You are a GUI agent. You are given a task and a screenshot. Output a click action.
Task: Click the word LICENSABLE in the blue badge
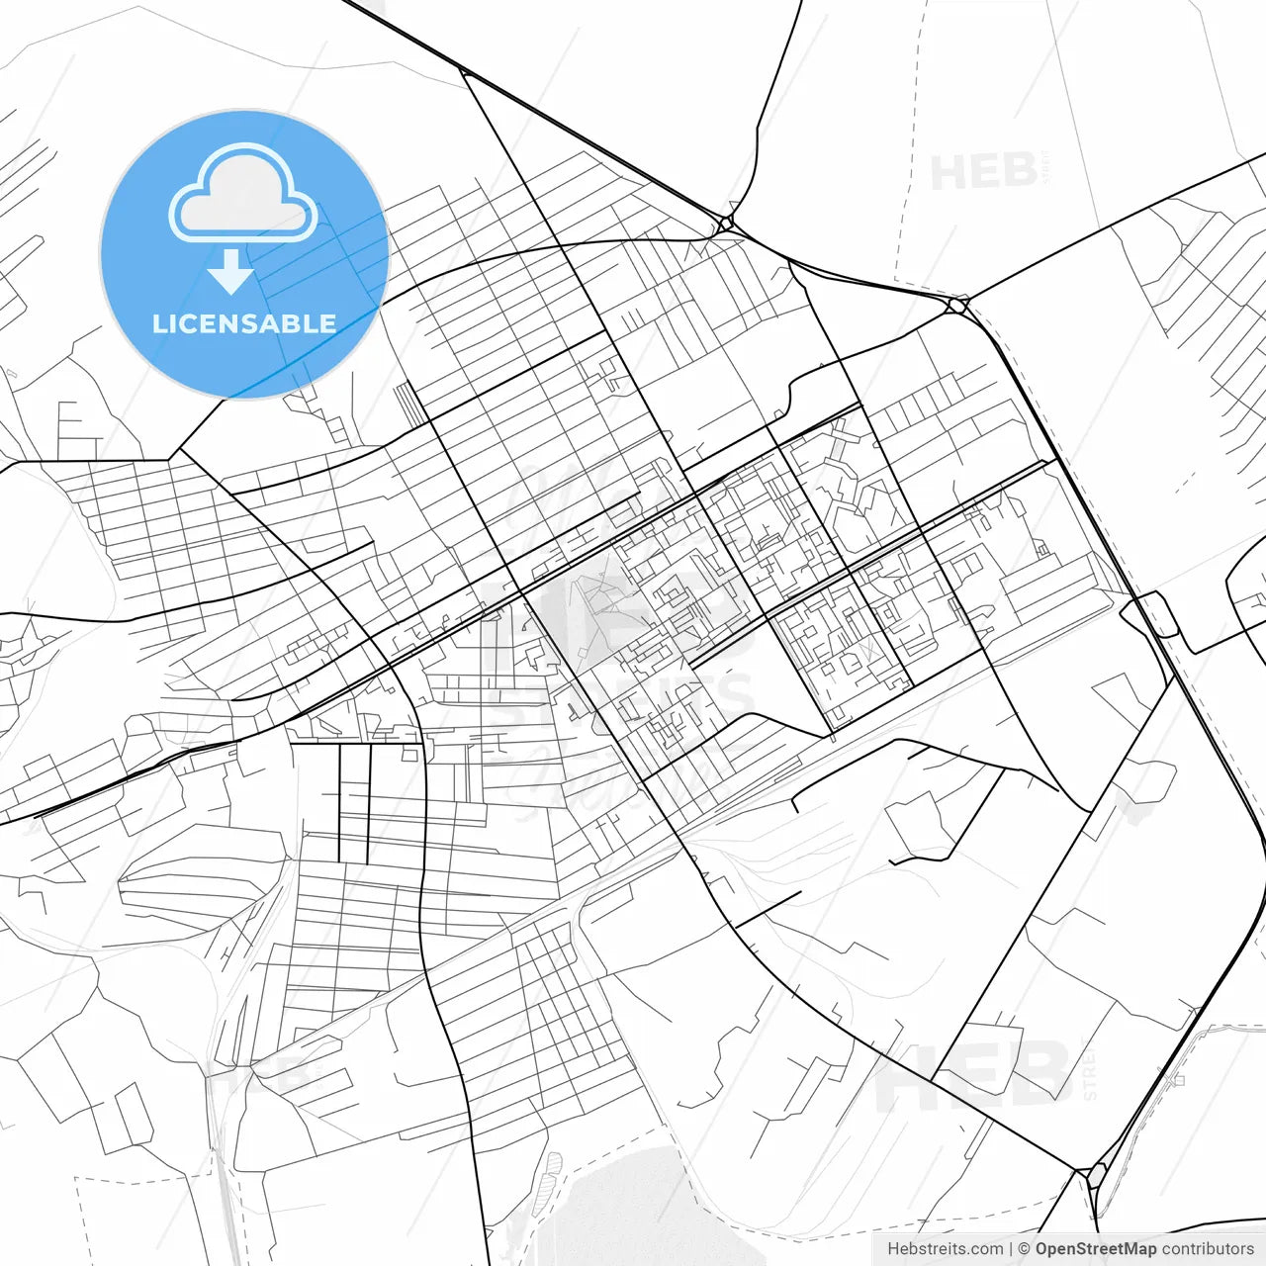[243, 323]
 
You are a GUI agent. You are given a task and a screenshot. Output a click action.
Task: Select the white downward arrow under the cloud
[231, 271]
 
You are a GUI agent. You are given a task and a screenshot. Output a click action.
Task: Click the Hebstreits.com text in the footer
[945, 1249]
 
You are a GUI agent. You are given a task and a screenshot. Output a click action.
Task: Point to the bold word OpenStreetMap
[1095, 1249]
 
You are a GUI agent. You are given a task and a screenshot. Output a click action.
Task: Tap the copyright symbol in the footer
[1024, 1249]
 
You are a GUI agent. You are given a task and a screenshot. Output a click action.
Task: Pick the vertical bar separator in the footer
[1011, 1249]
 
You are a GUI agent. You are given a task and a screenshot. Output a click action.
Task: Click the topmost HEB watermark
[983, 172]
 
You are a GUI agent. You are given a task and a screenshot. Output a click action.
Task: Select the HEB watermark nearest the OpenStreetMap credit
[973, 1074]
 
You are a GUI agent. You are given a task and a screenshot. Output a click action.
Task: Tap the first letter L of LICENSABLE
[159, 323]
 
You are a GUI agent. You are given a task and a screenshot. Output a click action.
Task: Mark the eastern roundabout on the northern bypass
[955, 306]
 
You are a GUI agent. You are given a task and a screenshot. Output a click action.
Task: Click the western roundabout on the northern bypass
[726, 224]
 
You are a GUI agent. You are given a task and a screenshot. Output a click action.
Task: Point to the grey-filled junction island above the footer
[1096, 1177]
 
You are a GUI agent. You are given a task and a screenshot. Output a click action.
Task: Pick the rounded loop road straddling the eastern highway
[1153, 613]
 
